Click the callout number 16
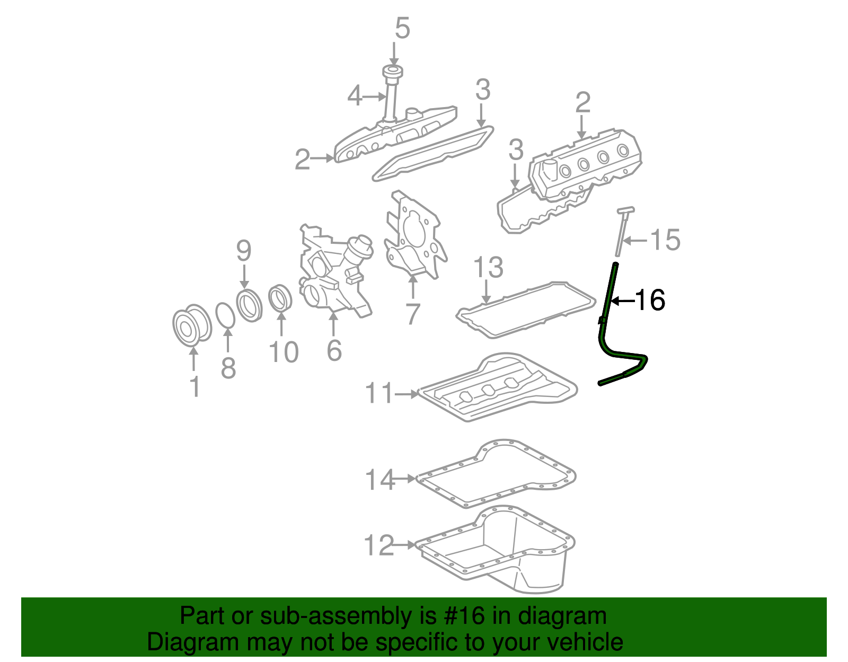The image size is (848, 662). pyautogui.click(x=649, y=301)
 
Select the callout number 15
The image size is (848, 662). pyautogui.click(x=665, y=240)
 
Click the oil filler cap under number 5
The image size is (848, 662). pyautogui.click(x=393, y=73)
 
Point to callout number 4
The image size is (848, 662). pyautogui.click(x=355, y=96)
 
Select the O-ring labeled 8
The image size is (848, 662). pyautogui.click(x=226, y=316)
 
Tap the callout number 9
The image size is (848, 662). pyautogui.click(x=244, y=251)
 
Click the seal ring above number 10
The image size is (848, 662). pyautogui.click(x=280, y=298)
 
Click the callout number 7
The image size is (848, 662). pyautogui.click(x=412, y=314)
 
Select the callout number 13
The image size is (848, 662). pyautogui.click(x=488, y=268)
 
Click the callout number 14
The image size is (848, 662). pyautogui.click(x=380, y=480)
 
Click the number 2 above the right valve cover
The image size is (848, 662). pyautogui.click(x=582, y=103)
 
